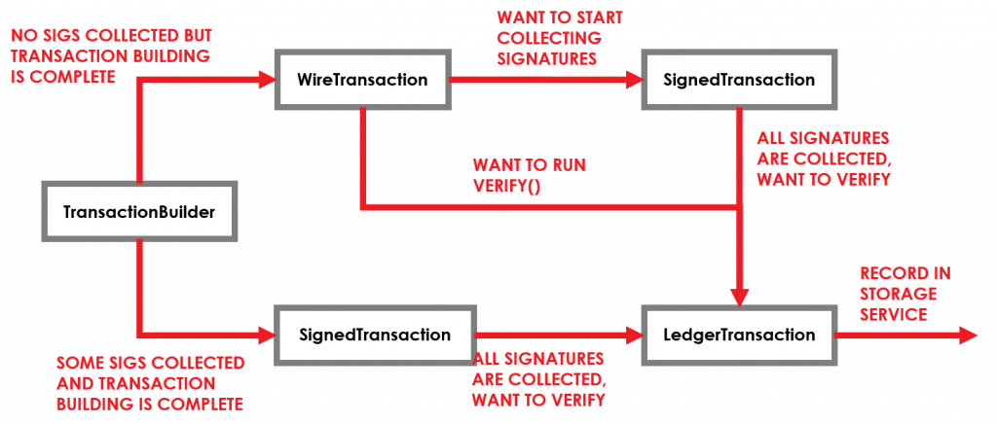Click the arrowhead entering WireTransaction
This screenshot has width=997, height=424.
tap(268, 79)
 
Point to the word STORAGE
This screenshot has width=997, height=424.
tap(897, 293)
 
